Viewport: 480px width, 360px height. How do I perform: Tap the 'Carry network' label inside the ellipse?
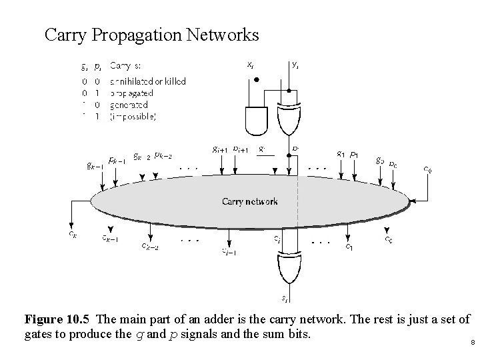pos(250,201)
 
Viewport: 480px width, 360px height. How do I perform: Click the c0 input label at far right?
pos(427,169)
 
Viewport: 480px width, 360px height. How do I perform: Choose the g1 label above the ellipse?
pos(340,153)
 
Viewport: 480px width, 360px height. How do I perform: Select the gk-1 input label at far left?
pos(94,165)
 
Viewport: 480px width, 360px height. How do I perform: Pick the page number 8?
pos(472,343)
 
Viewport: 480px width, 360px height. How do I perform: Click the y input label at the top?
pos(295,65)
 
